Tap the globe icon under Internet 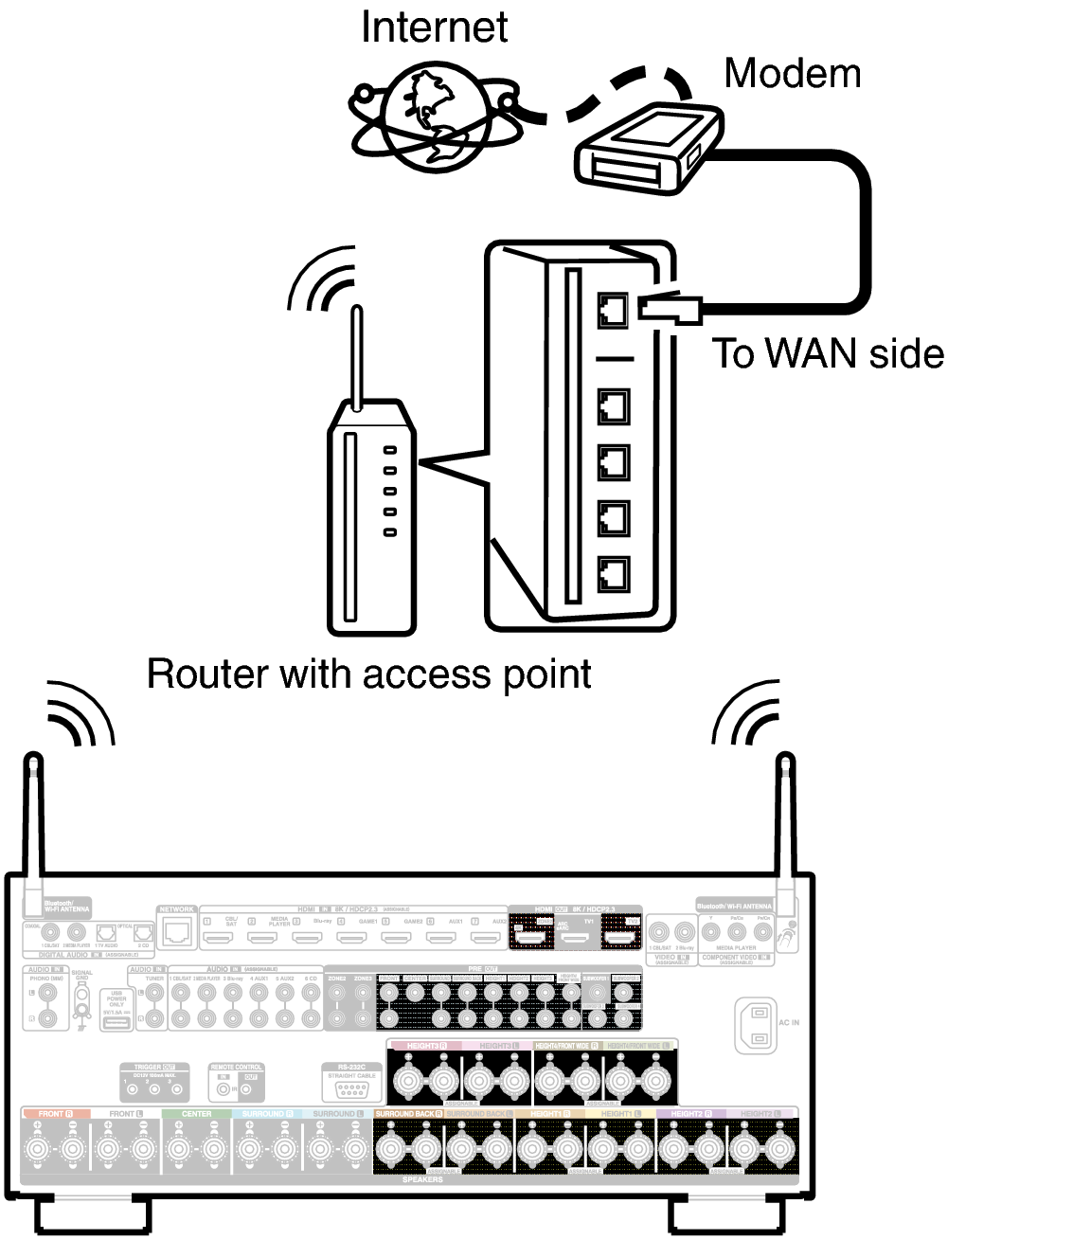(434, 116)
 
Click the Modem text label (792, 74)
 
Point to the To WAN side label (828, 354)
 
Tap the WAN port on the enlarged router (614, 310)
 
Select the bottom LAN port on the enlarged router (614, 573)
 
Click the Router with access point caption (369, 674)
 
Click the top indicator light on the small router (389, 451)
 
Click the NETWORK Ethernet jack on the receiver (176, 933)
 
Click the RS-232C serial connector (351, 1089)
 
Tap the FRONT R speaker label (55, 1114)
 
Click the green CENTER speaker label (196, 1114)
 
